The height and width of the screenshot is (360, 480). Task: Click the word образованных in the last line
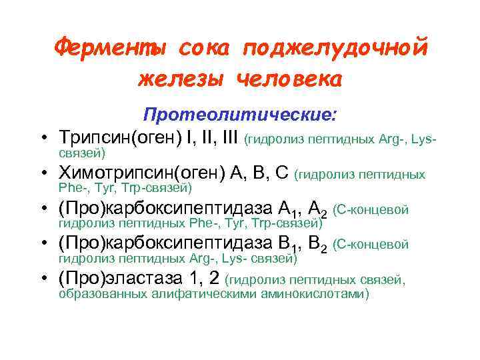point(100,294)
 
